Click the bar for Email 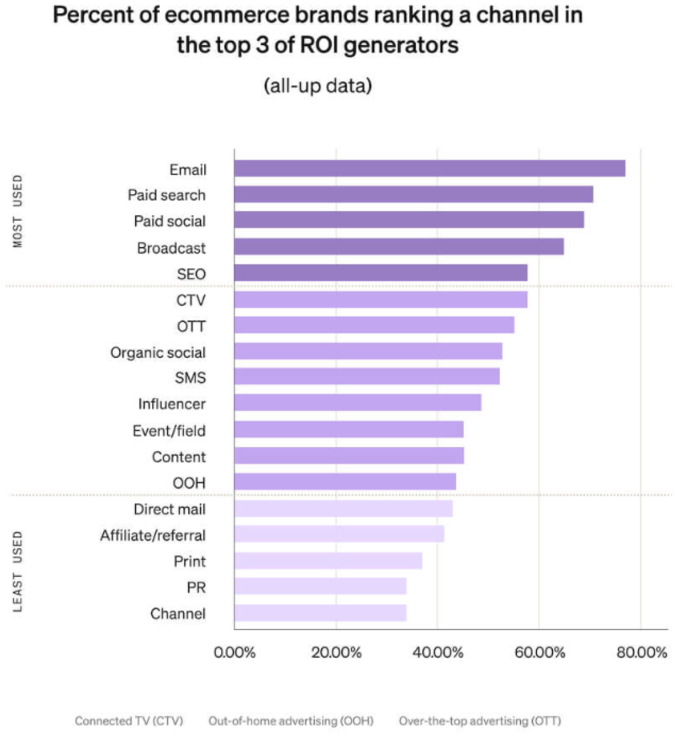click(429, 168)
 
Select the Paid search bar click(413, 195)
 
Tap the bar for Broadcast click(399, 247)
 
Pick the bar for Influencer click(357, 404)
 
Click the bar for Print click(328, 561)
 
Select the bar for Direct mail click(343, 509)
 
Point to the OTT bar click(374, 325)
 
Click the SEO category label click(191, 274)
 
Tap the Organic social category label click(158, 352)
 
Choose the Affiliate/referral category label click(153, 535)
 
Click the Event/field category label click(169, 431)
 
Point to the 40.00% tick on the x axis click(436, 651)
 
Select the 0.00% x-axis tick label click(234, 651)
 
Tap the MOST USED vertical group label click(19, 211)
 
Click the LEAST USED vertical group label click(19, 570)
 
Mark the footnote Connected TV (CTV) click(129, 721)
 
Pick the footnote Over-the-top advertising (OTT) click(480, 721)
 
